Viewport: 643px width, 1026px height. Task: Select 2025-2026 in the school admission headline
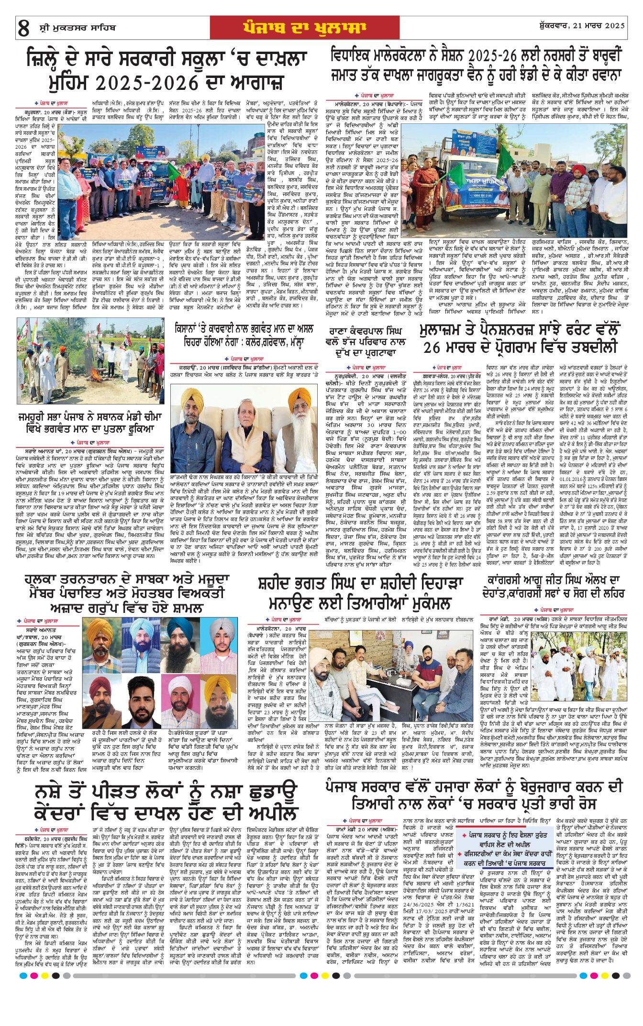point(141,83)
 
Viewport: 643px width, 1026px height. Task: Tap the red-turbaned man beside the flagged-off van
point(579,172)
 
